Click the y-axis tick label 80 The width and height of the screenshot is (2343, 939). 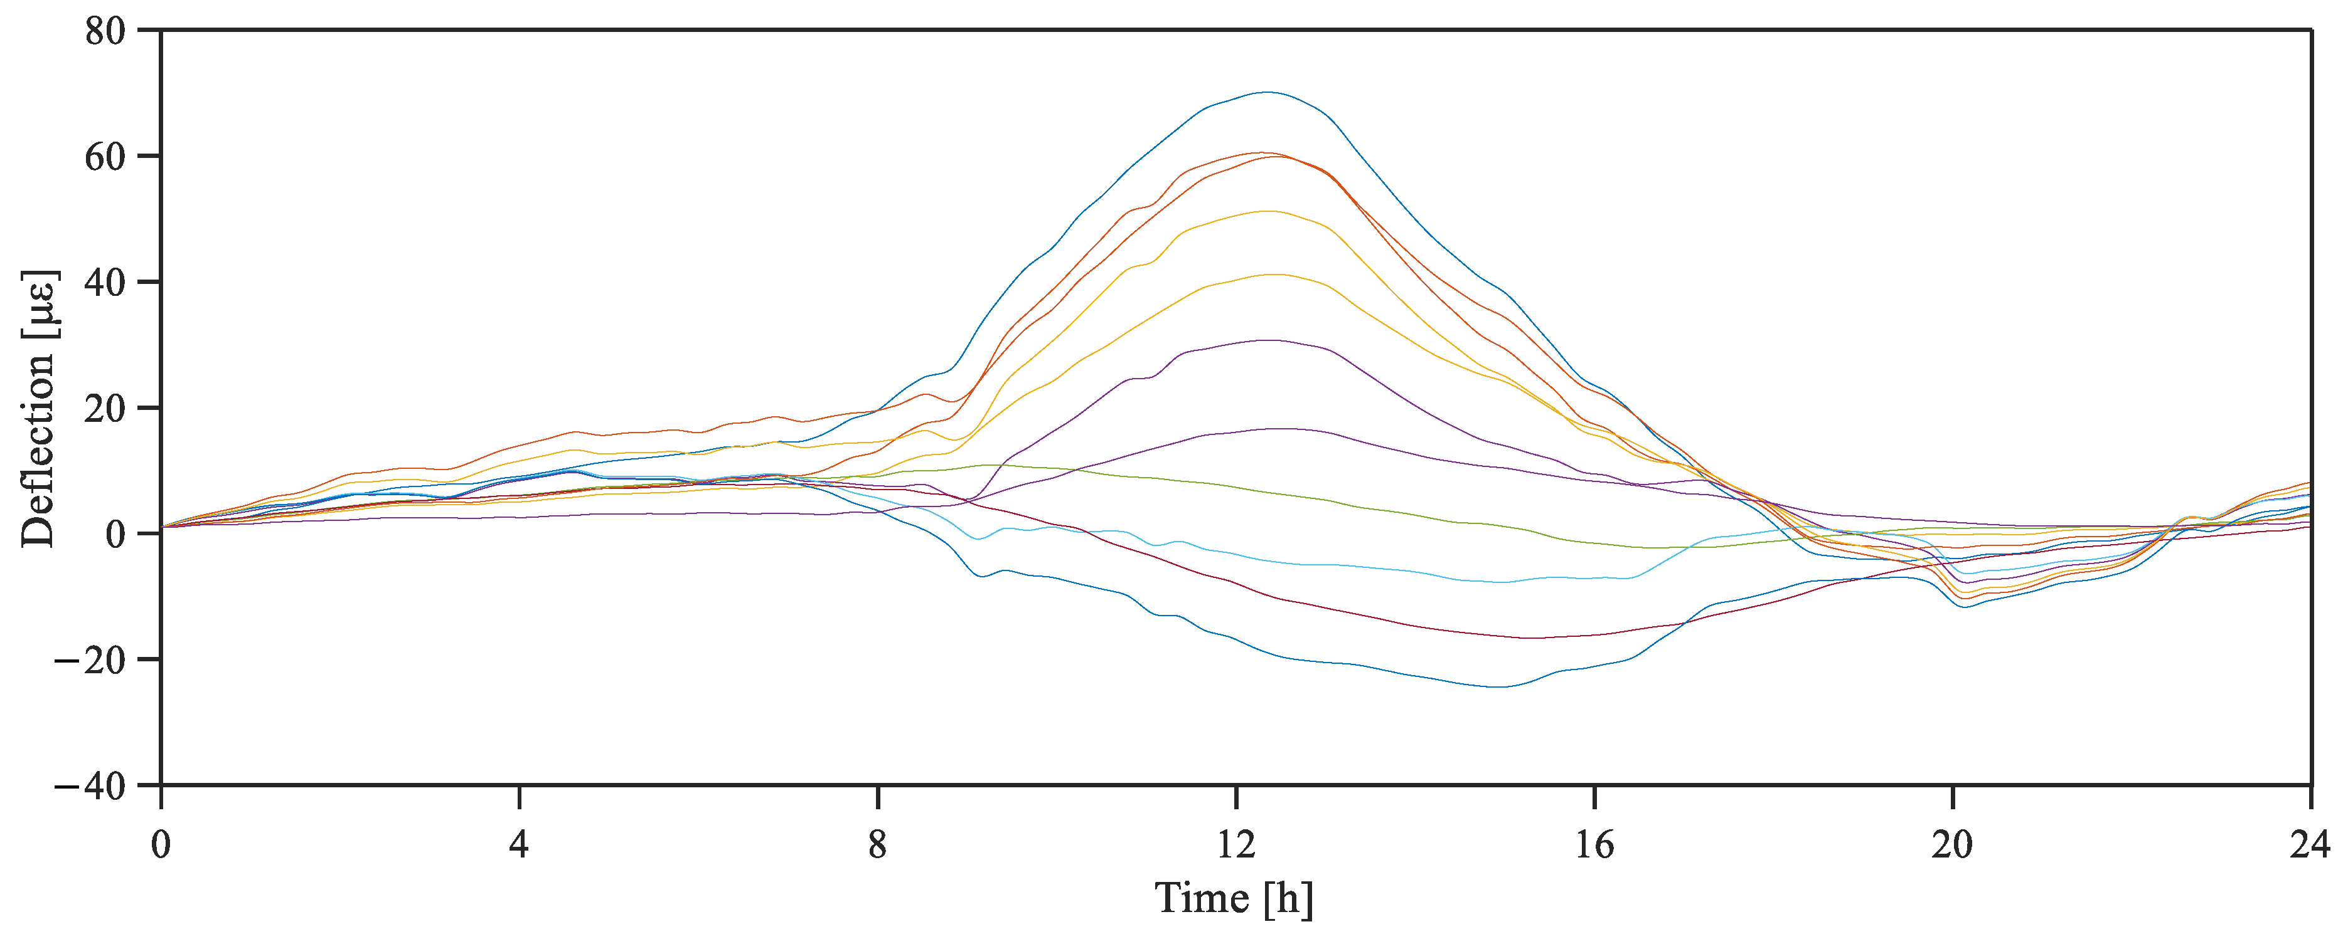tap(105, 32)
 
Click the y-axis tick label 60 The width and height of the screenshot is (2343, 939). tap(105, 157)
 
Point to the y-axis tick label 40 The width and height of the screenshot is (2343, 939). tap(105, 283)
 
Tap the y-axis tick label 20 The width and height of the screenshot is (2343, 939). tap(105, 409)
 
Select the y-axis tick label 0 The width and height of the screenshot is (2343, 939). tap(115, 535)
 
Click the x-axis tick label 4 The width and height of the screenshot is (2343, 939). tap(518, 846)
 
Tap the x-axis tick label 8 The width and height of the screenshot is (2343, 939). tap(877, 846)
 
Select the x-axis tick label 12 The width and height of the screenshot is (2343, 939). tap(1236, 846)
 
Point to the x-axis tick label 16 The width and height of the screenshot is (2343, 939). tap(1594, 846)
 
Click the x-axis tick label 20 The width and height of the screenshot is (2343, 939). tap(1953, 846)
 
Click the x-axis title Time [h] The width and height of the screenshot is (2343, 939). tap(1234, 899)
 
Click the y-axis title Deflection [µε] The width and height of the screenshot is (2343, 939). tap(39, 409)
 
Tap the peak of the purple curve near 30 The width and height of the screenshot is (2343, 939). tap(1268, 340)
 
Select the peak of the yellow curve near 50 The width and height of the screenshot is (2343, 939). tap(1268, 211)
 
